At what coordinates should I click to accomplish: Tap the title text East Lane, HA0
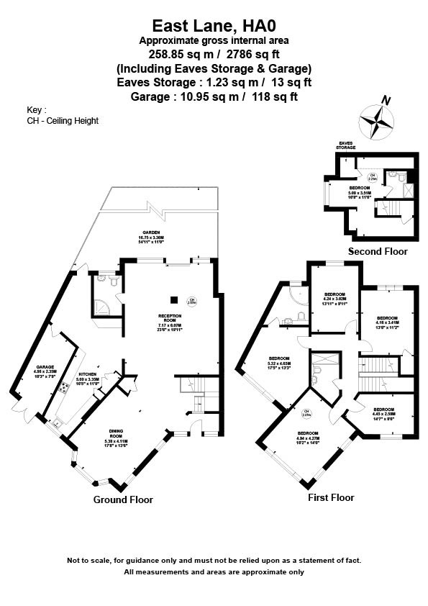point(214,26)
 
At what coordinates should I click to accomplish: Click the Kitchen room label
point(87,378)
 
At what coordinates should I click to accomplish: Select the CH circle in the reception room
point(192,302)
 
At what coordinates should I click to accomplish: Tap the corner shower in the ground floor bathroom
point(102,308)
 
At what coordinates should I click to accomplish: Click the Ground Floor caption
point(123,499)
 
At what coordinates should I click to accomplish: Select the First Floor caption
point(331,497)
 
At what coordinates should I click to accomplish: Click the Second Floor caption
point(378,252)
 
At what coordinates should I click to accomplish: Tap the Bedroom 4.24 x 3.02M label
point(334,297)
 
